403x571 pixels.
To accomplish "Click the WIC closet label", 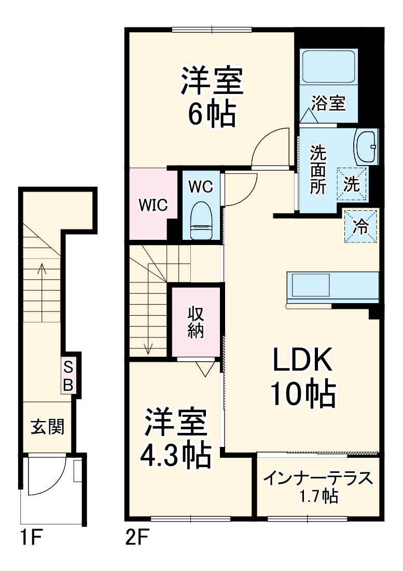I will [152, 205].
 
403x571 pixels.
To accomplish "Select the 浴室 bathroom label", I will [328, 103].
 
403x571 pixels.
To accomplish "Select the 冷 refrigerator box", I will [361, 226].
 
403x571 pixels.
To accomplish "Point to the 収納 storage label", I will [196, 322].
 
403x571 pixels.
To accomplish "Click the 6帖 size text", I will [211, 114].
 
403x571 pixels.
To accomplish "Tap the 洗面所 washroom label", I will [318, 169].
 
